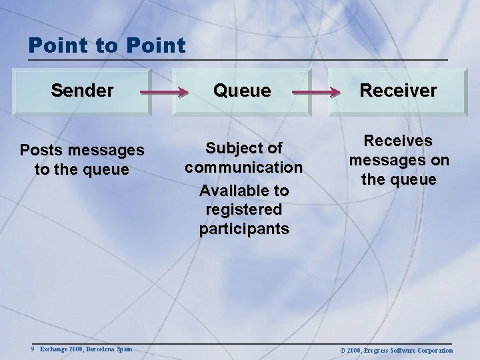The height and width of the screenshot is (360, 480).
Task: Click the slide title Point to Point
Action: (107, 45)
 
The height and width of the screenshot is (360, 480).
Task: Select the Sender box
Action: (82, 91)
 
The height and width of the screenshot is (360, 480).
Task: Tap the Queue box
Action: (241, 91)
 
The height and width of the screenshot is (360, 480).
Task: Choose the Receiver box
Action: (398, 91)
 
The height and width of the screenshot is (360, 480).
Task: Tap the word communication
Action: (244, 166)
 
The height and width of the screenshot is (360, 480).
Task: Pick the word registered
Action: (244, 209)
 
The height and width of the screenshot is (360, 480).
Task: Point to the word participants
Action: (244, 229)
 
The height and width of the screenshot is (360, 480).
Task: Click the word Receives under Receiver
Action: (399, 141)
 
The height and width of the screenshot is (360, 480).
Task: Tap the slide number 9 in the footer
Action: (32, 349)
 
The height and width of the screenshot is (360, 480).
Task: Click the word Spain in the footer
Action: (123, 349)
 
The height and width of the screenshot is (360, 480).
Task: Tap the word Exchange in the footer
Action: (53, 349)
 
